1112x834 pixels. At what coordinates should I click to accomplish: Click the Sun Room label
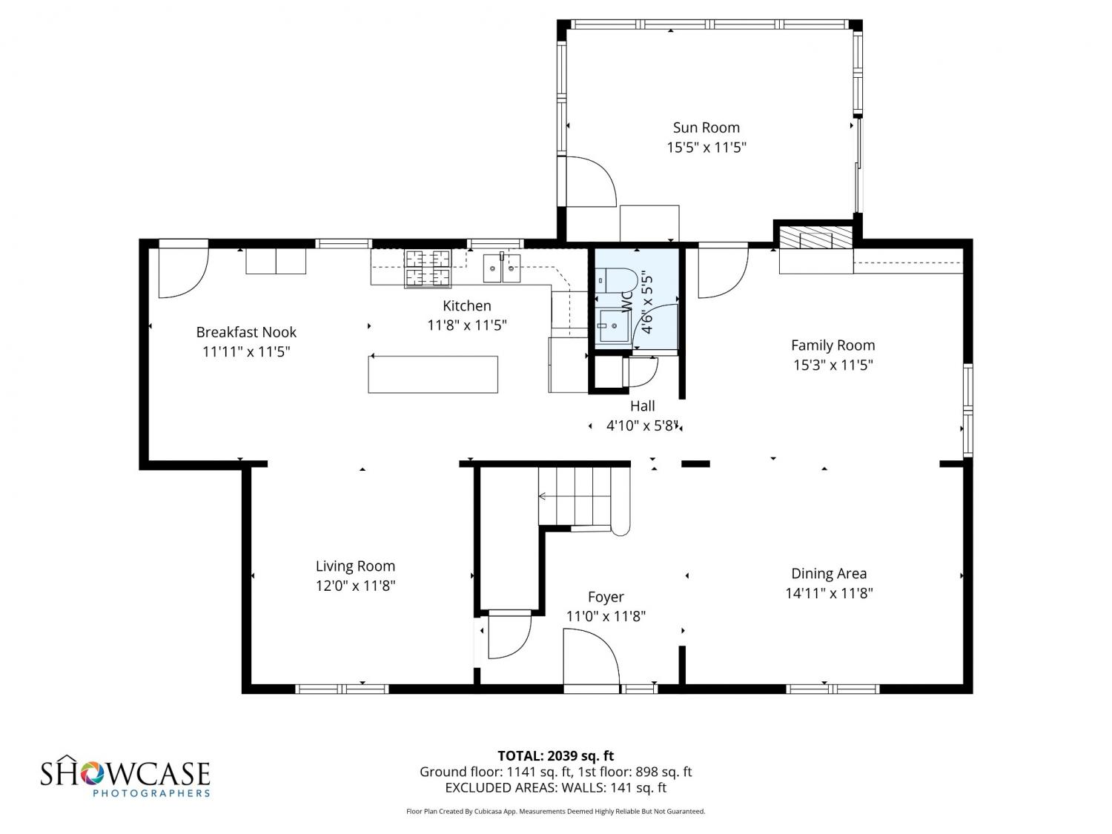pos(706,128)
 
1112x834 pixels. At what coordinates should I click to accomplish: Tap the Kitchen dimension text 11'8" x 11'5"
pos(466,325)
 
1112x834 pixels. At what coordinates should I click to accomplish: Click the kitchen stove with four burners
pos(428,268)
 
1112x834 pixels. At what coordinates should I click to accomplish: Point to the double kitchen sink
pos(502,268)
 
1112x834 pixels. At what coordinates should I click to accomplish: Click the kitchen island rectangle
pos(433,374)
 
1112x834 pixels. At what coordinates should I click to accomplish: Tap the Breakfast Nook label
pos(246,332)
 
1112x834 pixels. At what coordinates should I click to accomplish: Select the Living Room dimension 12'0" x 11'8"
pos(355,586)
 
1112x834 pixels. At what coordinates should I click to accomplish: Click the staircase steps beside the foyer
pos(575,496)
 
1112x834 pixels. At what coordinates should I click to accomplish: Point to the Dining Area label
pos(829,574)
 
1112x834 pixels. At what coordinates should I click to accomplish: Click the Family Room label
pos(833,345)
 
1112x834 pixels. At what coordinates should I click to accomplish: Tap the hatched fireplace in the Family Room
pos(815,237)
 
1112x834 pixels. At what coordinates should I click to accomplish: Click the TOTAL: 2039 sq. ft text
pos(555,756)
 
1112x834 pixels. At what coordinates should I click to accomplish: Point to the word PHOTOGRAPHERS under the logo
pos(151,793)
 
